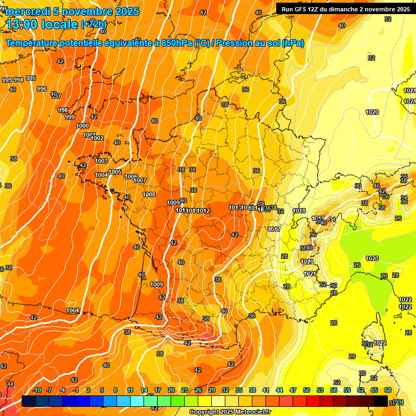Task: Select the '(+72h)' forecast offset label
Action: [x=94, y=24]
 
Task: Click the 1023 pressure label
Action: [x=372, y=258]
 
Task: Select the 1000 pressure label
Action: [x=82, y=126]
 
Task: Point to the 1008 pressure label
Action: [x=149, y=194]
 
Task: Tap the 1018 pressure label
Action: [x=299, y=211]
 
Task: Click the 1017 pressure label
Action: [x=274, y=229]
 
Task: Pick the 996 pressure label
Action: [x=42, y=89]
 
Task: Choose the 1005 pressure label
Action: [x=115, y=172]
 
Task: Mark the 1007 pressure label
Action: [x=140, y=180]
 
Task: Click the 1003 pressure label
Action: [x=101, y=161]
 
